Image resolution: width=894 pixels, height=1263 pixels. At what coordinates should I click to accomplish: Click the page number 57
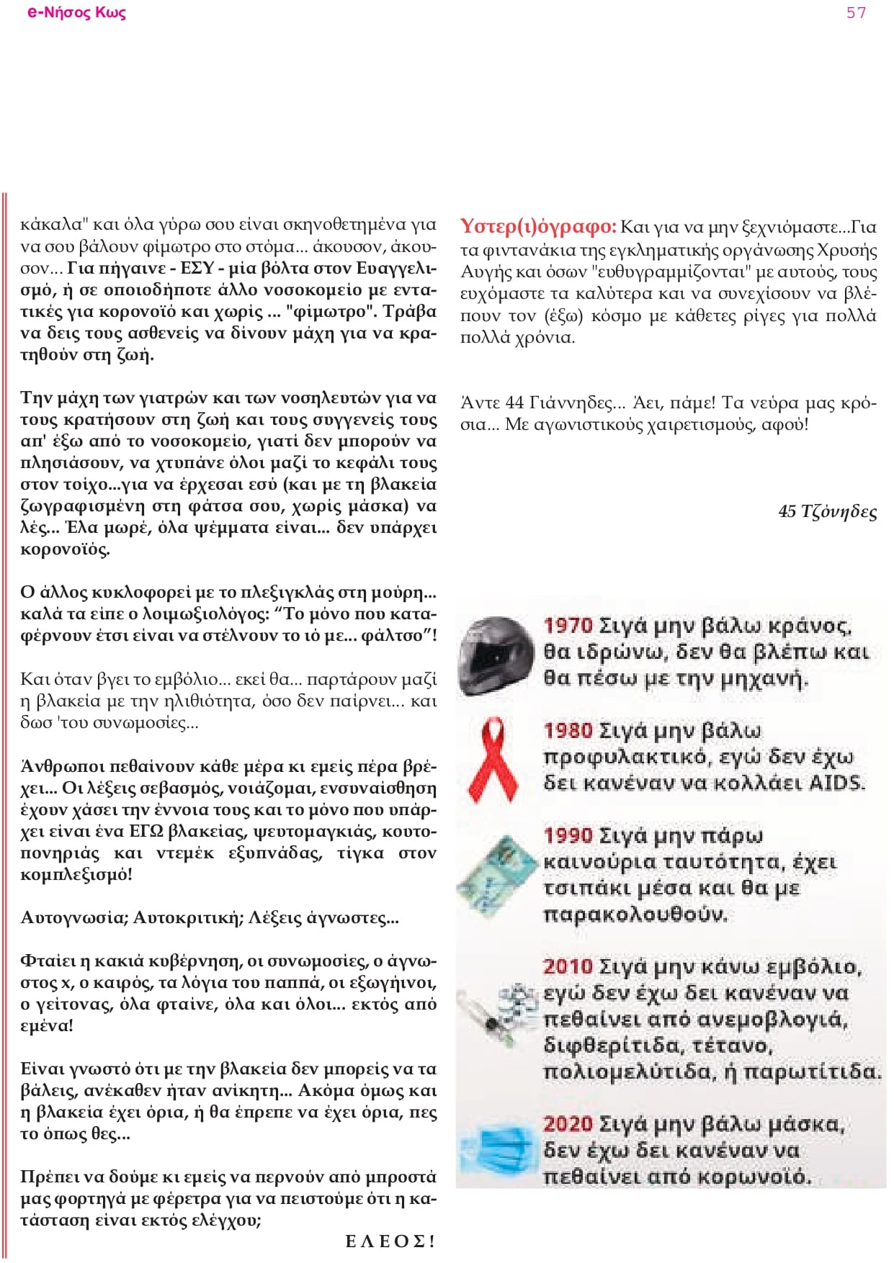[x=856, y=12]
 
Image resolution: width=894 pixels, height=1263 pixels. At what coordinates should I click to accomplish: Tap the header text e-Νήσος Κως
[x=77, y=12]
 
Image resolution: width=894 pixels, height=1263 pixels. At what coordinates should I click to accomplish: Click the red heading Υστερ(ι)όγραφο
[x=538, y=227]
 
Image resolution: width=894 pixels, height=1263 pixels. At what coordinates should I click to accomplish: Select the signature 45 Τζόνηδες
[x=827, y=512]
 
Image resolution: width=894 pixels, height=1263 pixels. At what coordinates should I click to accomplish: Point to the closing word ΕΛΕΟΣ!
[x=390, y=1241]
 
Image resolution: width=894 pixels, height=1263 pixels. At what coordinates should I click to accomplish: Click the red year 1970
[x=568, y=625]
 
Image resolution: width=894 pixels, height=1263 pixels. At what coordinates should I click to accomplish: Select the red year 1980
[x=568, y=730]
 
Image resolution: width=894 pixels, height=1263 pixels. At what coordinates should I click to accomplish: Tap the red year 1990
[x=568, y=835]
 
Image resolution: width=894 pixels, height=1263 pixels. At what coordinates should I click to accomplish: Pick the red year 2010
[x=568, y=966]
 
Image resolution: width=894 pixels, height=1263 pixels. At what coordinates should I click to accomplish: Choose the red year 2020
[x=568, y=1124]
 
